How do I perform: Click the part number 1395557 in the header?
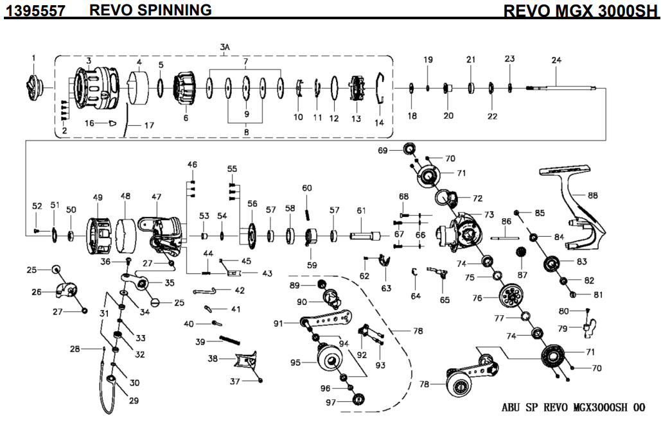coord(36,10)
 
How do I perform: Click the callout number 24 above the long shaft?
coord(556,60)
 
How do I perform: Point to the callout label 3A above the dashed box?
coord(225,47)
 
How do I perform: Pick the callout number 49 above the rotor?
coord(98,197)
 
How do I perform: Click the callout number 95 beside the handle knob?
coord(295,363)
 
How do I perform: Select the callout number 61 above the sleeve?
coord(361,210)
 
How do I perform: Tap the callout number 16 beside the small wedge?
coord(89,122)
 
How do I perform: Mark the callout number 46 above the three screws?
coord(192,165)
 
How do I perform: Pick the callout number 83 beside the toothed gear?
coord(582,261)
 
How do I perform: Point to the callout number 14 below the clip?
coord(379,122)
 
